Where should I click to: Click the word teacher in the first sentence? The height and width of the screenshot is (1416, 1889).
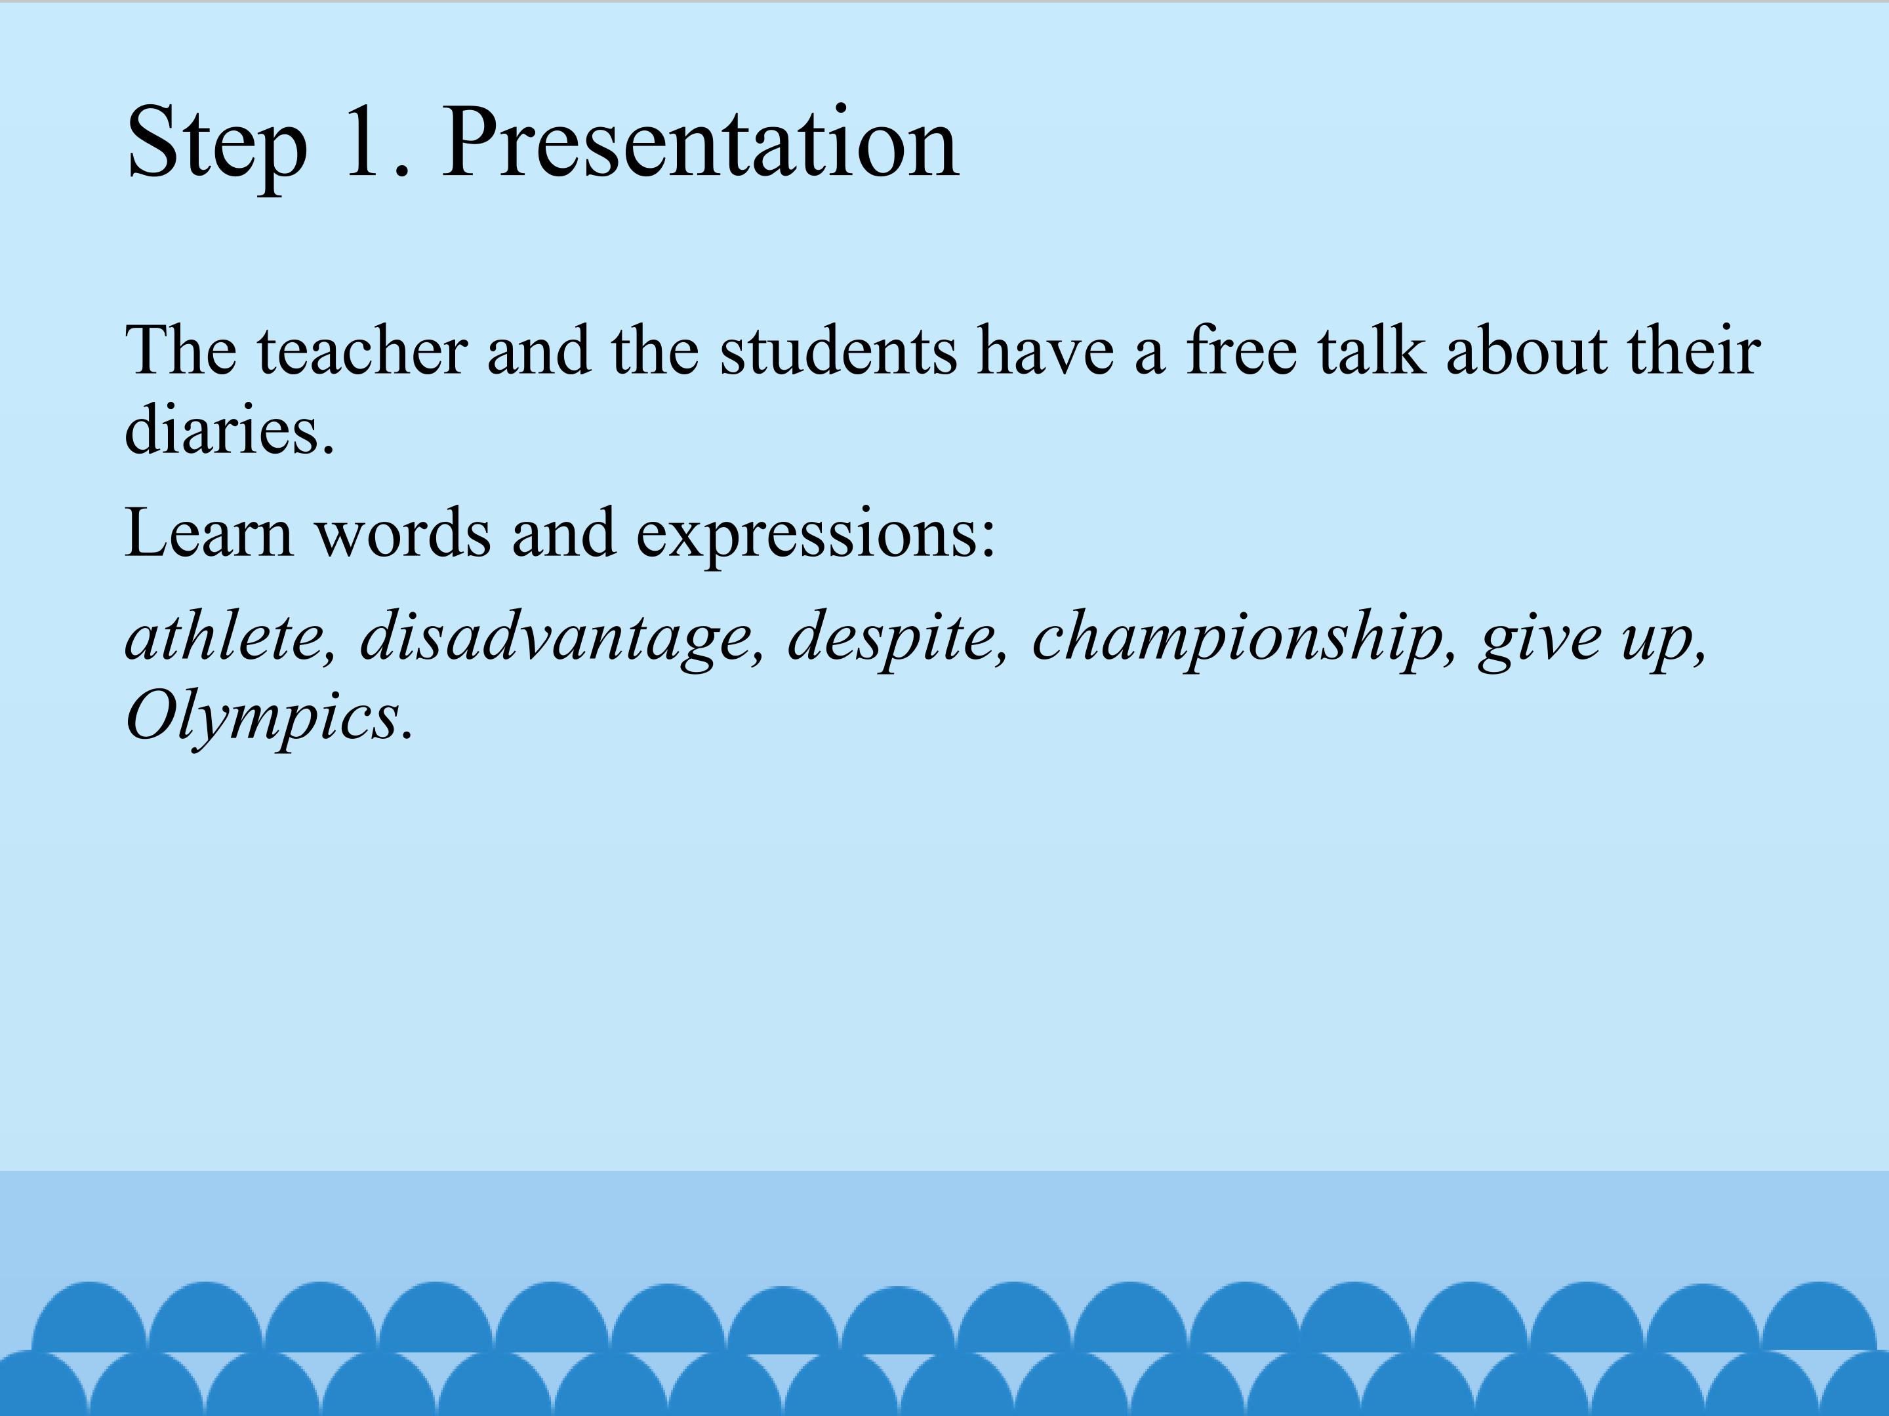pyautogui.click(x=363, y=350)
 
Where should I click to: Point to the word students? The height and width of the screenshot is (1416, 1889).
pyautogui.click(x=839, y=350)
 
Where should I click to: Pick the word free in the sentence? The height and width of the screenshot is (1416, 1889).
pyautogui.click(x=1242, y=350)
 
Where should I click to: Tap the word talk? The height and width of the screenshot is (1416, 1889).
pyautogui.click(x=1371, y=350)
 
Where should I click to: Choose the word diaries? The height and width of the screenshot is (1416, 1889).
pyautogui.click(x=229, y=429)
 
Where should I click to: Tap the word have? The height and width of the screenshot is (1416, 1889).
pyautogui.click(x=1046, y=350)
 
